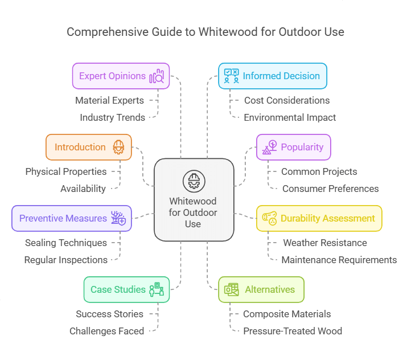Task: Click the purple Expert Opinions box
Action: point(121,76)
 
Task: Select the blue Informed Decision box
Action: point(273,76)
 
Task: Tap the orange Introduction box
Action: point(88,147)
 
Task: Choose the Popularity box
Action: point(293,147)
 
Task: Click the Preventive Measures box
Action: point(72,218)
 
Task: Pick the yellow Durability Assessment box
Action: point(319,218)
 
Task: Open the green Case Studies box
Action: point(126,289)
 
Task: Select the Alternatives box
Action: point(261,289)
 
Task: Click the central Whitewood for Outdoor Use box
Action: point(194,199)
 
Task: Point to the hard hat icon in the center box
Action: point(194,181)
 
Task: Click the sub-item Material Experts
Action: point(109,100)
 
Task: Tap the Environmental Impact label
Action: point(290,117)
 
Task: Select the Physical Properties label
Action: point(66,171)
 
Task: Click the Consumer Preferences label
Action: point(330,189)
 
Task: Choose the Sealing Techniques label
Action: point(66,243)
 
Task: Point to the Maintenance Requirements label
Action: point(339,260)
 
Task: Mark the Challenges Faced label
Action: point(106,331)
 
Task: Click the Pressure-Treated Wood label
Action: point(293,331)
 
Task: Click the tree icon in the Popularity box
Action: point(269,147)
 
